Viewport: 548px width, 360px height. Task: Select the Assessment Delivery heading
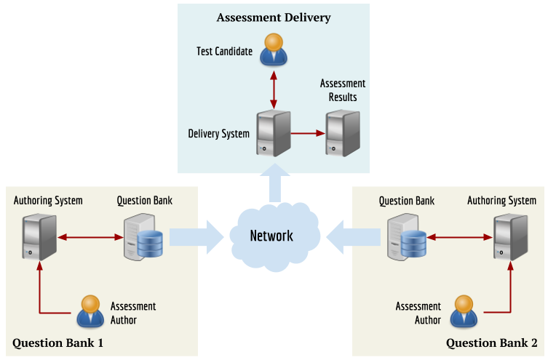click(x=273, y=17)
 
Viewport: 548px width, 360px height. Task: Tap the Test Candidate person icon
click(x=274, y=49)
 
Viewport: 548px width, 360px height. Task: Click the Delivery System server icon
click(x=274, y=133)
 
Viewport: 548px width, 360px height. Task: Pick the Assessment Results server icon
click(x=342, y=133)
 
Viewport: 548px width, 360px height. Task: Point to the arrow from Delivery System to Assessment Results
click(x=308, y=133)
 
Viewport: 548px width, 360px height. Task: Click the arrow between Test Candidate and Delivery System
click(x=274, y=90)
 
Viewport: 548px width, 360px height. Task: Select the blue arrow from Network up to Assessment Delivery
click(x=274, y=183)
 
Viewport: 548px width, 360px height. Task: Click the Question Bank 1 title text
click(x=57, y=343)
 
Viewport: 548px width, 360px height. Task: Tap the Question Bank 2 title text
click(x=491, y=343)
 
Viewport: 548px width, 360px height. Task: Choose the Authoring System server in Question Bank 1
click(x=38, y=236)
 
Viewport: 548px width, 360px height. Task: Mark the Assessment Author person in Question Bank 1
click(x=90, y=312)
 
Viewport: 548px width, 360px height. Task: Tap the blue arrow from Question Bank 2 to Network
click(x=354, y=237)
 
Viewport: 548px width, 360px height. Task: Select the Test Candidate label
click(x=225, y=52)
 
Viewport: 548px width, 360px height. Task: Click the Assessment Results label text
click(x=343, y=90)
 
